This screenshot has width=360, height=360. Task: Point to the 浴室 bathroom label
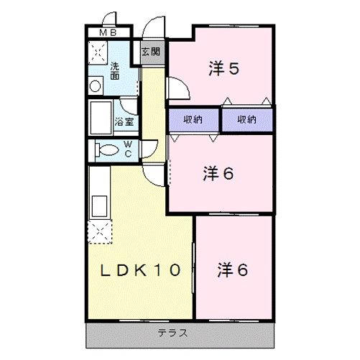click(124, 121)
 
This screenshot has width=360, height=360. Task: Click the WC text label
click(126, 149)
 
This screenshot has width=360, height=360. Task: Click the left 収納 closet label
click(193, 119)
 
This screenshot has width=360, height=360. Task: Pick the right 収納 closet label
click(247, 119)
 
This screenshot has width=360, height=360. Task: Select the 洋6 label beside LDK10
click(233, 270)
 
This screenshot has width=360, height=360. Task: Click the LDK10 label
click(140, 271)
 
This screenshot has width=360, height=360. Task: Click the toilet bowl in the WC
click(106, 151)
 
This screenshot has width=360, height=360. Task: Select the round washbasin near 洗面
click(95, 84)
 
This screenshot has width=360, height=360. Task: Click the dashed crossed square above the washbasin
click(96, 54)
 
